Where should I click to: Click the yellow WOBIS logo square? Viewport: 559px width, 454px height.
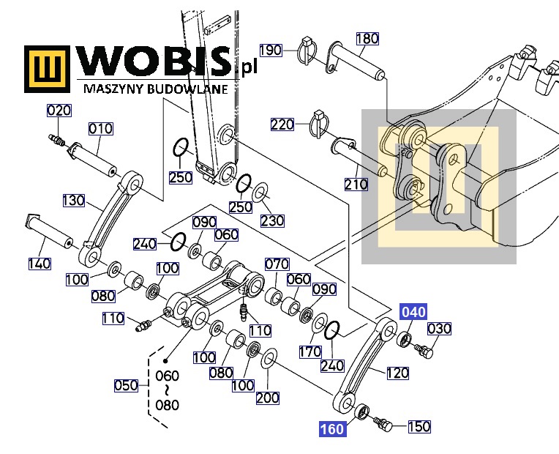(x=47, y=69)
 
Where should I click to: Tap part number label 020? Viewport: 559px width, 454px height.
(x=59, y=111)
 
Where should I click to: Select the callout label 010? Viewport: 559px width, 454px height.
(x=100, y=128)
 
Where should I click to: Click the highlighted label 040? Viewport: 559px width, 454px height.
(x=413, y=312)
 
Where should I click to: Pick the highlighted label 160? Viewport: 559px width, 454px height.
(x=332, y=428)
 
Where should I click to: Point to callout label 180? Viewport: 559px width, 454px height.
(x=367, y=38)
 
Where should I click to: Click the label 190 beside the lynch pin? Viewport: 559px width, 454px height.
(x=271, y=51)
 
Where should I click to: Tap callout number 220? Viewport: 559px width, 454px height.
(x=282, y=124)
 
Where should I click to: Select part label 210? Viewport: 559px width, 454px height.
(x=356, y=185)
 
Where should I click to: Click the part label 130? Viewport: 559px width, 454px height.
(x=74, y=200)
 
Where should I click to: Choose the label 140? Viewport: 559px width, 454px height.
(x=40, y=264)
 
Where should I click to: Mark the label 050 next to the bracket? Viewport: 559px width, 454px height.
(x=126, y=385)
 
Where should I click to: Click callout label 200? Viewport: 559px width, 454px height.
(x=267, y=398)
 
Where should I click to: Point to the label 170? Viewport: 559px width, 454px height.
(x=310, y=352)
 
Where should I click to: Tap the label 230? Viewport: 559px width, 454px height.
(x=272, y=220)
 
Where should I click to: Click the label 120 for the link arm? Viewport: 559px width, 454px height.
(x=397, y=373)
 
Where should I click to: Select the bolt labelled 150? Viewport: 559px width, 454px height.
(x=384, y=424)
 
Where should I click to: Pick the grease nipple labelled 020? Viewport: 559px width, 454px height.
(x=56, y=140)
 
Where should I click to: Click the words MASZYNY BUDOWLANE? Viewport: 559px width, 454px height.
(x=156, y=89)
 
